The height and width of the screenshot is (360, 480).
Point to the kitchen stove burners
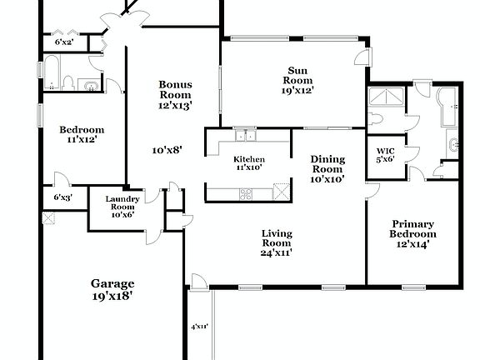[247, 193]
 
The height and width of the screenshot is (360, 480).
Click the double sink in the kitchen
[245, 136]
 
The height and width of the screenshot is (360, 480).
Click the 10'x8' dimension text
[167, 151]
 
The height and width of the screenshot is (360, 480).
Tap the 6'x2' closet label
[64, 42]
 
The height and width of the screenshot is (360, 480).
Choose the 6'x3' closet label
[63, 198]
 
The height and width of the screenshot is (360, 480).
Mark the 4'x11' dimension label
[199, 327]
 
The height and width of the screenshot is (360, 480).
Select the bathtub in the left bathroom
[51, 73]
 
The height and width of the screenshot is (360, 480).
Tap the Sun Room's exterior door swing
[361, 57]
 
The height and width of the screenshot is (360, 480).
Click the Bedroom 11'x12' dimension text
[81, 140]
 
